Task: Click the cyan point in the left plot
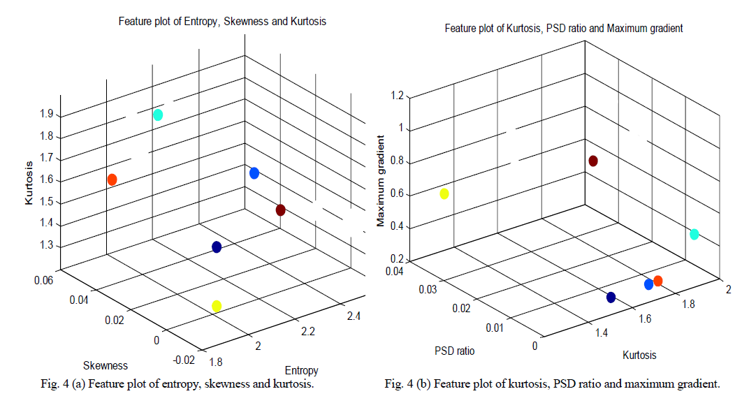click(x=158, y=115)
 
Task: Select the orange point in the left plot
click(x=112, y=179)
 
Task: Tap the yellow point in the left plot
click(x=217, y=306)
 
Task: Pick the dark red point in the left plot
click(x=281, y=210)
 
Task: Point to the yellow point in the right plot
click(x=444, y=193)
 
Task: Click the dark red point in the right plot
click(x=593, y=161)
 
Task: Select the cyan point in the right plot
click(x=694, y=234)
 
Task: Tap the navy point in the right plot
click(x=611, y=298)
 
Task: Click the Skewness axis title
click(x=106, y=365)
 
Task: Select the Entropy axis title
click(x=302, y=370)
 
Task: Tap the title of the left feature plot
click(x=221, y=22)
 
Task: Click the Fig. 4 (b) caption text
click(x=552, y=384)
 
